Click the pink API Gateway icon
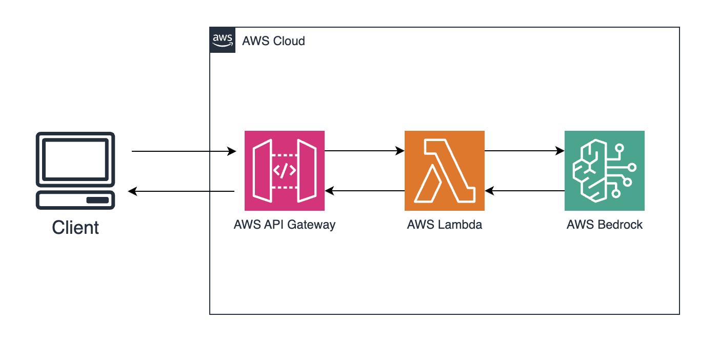(x=284, y=170)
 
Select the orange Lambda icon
(x=444, y=170)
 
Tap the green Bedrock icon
(x=604, y=170)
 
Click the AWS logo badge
(x=223, y=40)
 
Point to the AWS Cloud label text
(x=273, y=41)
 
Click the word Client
(x=75, y=227)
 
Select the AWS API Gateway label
(x=284, y=225)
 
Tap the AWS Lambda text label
(x=444, y=225)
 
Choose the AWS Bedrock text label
(x=604, y=225)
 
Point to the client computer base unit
(x=75, y=200)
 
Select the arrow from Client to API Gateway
(x=183, y=151)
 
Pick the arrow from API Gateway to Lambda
(x=364, y=151)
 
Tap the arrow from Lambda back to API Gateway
(x=364, y=191)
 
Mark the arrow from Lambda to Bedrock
(x=524, y=151)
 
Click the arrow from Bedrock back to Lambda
(x=524, y=191)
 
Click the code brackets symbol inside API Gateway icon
(x=284, y=171)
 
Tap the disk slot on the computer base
(x=97, y=200)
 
